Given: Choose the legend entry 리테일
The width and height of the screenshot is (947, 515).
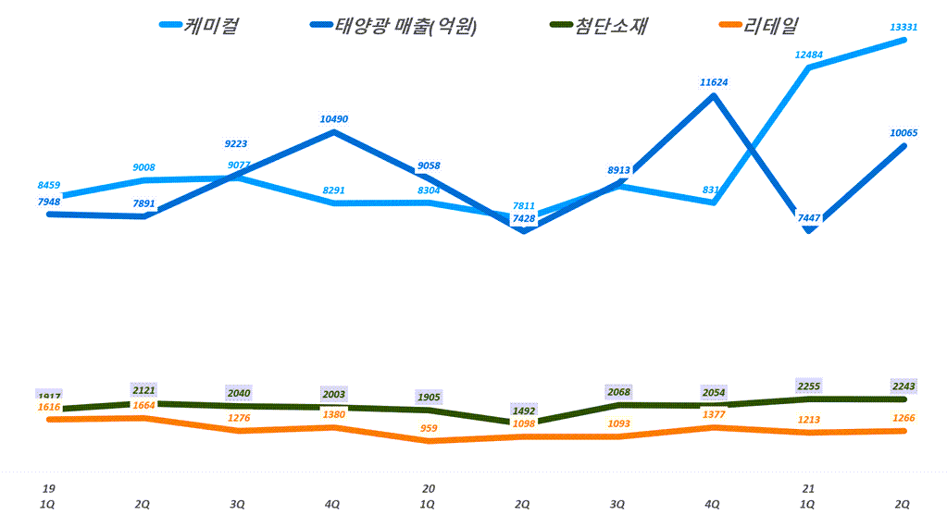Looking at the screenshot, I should [x=773, y=26].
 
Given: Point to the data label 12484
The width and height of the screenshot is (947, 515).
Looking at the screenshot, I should [x=808, y=55].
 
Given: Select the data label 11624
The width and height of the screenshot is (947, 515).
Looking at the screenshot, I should [x=713, y=82].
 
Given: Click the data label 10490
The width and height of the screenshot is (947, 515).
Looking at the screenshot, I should [x=333, y=119].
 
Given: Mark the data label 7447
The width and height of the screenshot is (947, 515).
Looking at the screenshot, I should [x=808, y=217].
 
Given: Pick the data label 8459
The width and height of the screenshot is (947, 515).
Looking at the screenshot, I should [x=49, y=185].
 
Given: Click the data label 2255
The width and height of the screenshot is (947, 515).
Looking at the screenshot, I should [x=808, y=386].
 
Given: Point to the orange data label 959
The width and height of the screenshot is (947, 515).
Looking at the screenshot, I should [x=428, y=428].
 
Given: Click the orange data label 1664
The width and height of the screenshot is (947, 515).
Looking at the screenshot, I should [x=143, y=406].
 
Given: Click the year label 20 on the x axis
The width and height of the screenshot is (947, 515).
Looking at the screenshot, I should [x=428, y=488].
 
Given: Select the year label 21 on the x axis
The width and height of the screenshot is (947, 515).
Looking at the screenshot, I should [x=808, y=488].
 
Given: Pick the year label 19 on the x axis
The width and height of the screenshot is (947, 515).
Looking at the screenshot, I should [x=48, y=488].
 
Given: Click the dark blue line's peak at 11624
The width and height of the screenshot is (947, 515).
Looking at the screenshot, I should [x=713, y=95].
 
